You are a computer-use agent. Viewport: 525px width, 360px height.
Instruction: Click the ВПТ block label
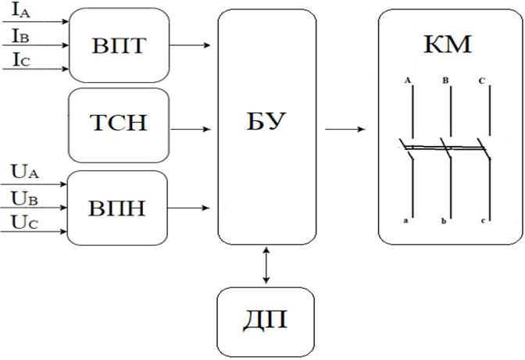119,44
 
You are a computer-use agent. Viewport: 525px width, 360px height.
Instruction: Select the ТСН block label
119,123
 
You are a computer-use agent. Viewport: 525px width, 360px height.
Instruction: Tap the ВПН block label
119,208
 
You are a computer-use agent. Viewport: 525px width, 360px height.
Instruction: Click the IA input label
21,13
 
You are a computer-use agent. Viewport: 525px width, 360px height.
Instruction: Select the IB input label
21,36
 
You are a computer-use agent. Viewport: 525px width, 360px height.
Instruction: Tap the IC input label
21,59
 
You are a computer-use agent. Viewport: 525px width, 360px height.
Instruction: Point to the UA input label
22,172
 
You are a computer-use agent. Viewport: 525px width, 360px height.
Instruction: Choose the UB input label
22,198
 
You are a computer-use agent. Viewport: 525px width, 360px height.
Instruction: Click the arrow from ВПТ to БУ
189,44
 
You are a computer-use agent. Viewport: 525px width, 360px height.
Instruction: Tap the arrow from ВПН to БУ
189,208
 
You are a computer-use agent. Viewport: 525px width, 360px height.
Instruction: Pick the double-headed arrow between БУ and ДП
267,266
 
